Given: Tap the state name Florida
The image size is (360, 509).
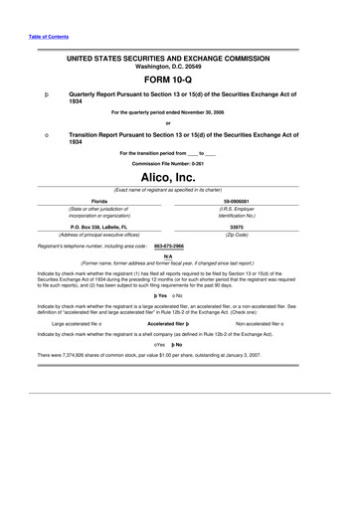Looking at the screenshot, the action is point(98,200).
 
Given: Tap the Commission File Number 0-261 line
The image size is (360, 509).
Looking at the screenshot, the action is point(180,162).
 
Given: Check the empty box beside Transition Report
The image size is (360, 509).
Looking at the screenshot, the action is point(34,132).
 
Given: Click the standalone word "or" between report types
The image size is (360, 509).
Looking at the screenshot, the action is point(180,122).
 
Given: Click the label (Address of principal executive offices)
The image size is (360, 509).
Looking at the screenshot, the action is point(98,234).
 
